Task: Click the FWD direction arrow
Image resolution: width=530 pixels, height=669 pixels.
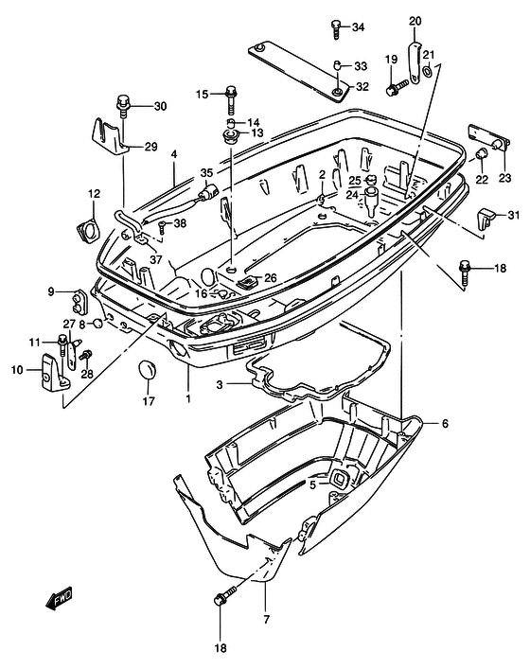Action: [x=60, y=598]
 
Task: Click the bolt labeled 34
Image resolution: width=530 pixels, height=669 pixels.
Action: [x=336, y=29]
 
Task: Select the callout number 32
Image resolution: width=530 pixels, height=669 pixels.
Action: [x=362, y=87]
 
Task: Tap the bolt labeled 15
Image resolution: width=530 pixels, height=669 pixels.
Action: [x=231, y=99]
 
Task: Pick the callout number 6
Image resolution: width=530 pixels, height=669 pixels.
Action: [x=445, y=424]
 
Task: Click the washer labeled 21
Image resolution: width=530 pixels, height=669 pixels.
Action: [x=427, y=71]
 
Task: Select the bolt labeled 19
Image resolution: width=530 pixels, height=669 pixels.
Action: [x=397, y=87]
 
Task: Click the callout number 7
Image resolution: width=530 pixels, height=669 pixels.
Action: [x=267, y=619]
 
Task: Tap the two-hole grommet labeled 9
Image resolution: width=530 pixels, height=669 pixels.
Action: [x=79, y=302]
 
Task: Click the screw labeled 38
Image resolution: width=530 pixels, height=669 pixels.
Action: [x=162, y=227]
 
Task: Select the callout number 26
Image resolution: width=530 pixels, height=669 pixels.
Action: [x=271, y=278]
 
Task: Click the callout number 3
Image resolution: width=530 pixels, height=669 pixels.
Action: [x=220, y=385]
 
